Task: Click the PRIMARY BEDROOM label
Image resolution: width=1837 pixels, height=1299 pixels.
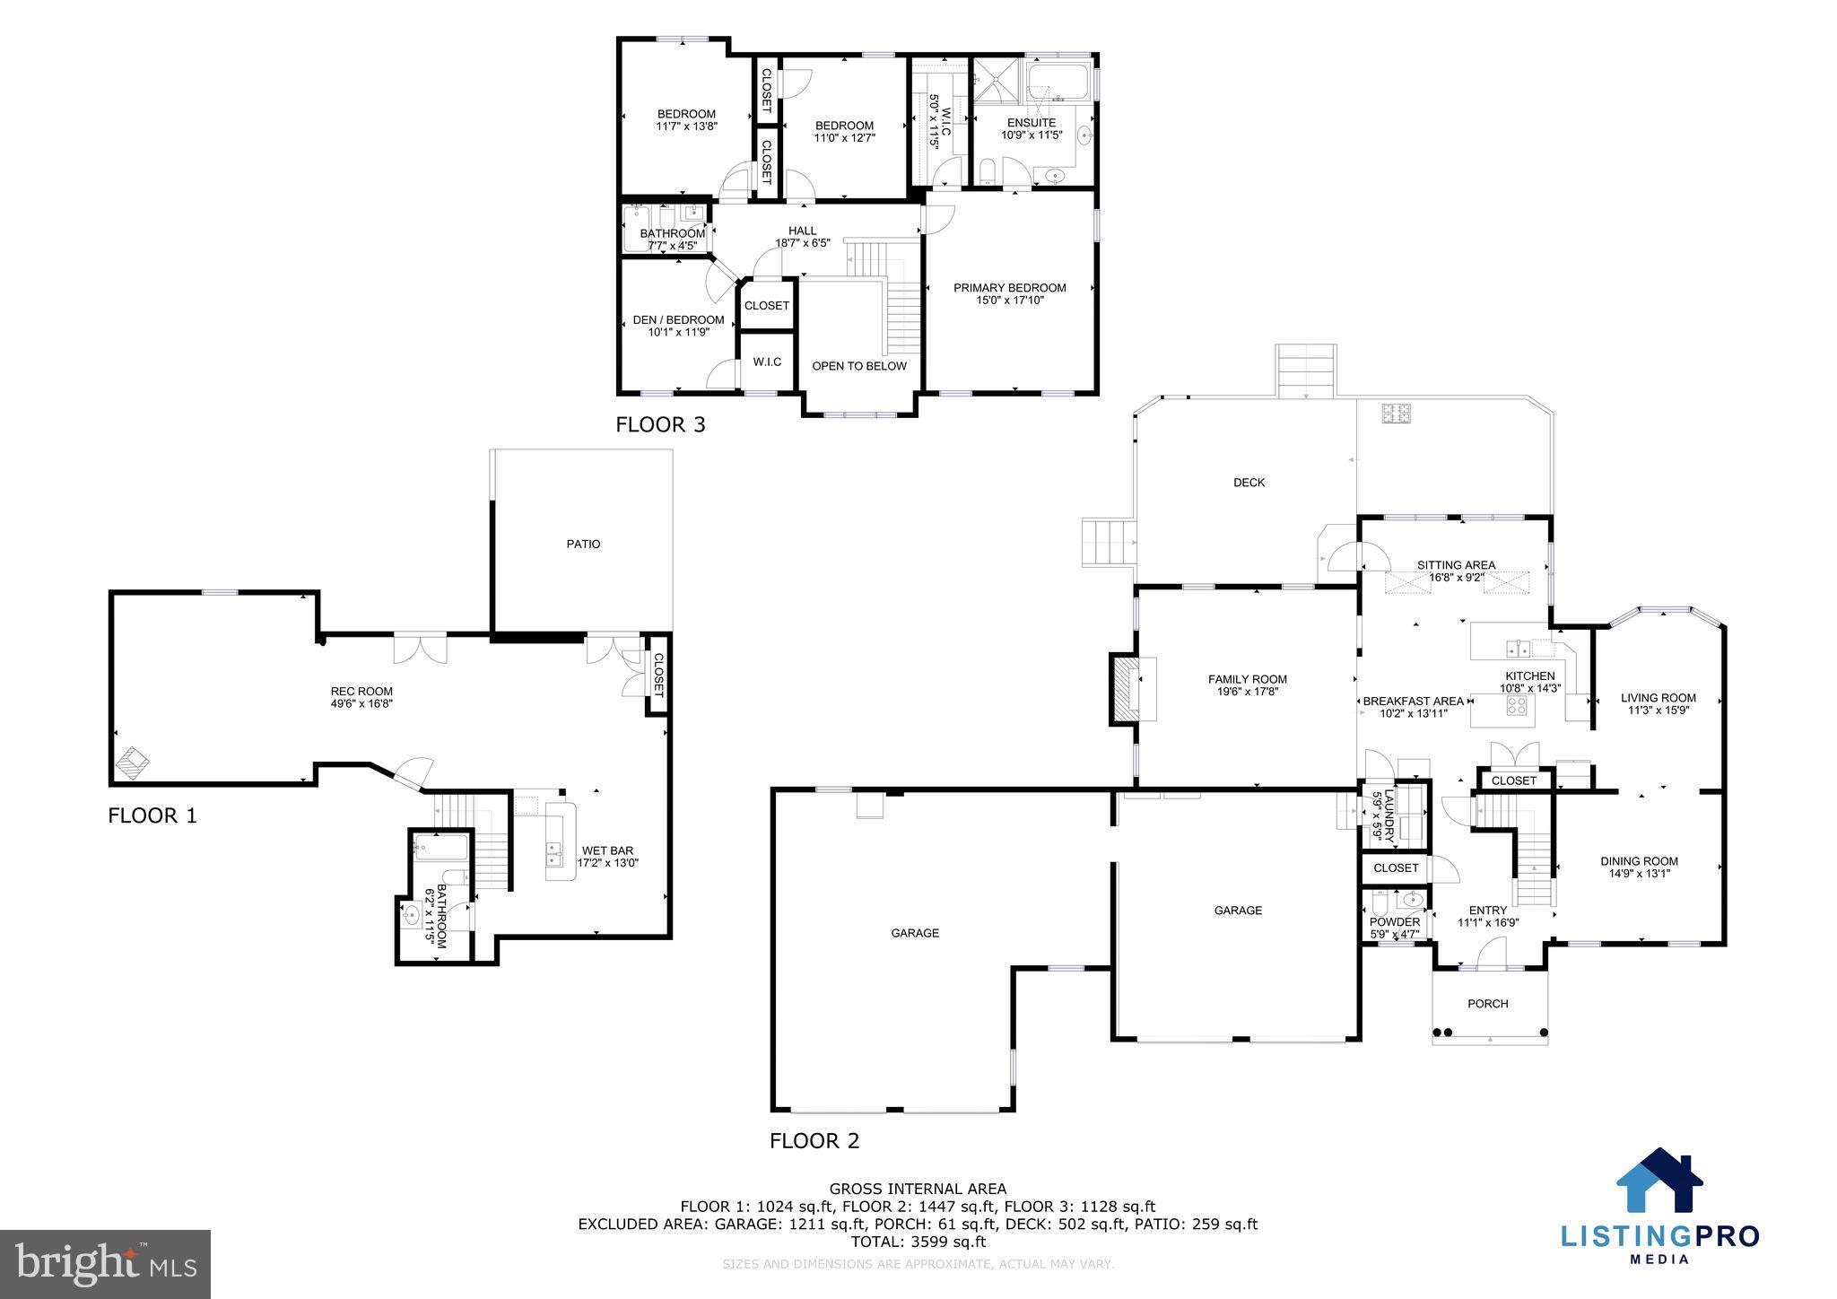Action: click(x=1009, y=288)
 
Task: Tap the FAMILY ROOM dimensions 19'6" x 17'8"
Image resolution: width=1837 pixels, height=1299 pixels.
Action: click(x=1247, y=692)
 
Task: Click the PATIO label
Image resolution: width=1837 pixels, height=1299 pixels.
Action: click(x=583, y=545)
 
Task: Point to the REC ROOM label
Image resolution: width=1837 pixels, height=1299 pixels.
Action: click(x=361, y=692)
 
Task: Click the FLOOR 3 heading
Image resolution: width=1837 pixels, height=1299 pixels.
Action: click(x=660, y=424)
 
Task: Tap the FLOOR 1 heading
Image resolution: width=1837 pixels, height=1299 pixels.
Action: click(x=152, y=815)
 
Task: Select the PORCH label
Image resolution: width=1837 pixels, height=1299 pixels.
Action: click(x=1487, y=1004)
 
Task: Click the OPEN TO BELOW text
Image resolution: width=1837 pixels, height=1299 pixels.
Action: click(x=858, y=366)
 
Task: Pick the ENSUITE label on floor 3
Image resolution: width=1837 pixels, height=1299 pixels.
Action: click(x=1031, y=123)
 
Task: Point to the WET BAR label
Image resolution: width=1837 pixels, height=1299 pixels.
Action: click(x=607, y=851)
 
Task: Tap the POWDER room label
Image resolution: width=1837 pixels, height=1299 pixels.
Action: click(x=1395, y=922)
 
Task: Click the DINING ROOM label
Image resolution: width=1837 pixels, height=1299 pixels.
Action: click(x=1639, y=861)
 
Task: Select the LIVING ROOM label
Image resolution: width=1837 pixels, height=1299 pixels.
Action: click(x=1658, y=698)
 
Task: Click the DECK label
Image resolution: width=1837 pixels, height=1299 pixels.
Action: click(x=1249, y=483)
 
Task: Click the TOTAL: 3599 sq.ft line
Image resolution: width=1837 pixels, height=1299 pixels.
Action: click(x=918, y=1242)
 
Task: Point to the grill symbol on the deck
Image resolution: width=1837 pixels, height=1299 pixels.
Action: click(x=1396, y=414)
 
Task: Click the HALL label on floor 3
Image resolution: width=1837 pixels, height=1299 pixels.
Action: click(x=802, y=231)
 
